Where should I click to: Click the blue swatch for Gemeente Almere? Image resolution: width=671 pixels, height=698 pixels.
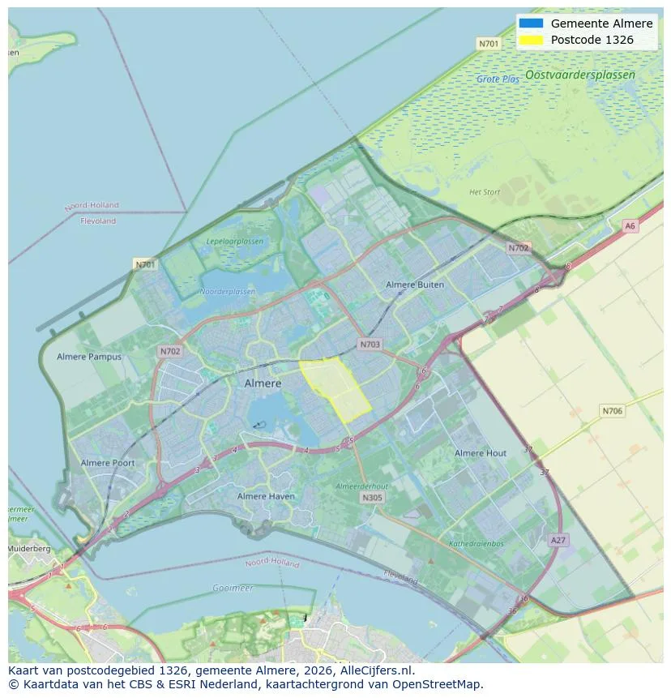tap(532, 24)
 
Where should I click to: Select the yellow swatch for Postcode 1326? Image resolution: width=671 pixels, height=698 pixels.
tap(532, 39)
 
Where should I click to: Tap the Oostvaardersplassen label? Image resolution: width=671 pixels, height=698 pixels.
tap(579, 75)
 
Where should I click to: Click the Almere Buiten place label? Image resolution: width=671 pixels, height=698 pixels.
tap(415, 285)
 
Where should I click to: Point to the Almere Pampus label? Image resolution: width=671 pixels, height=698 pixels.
tap(89, 357)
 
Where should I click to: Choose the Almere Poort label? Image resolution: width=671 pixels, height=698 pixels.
tap(108, 463)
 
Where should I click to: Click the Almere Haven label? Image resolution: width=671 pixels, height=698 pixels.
tap(266, 496)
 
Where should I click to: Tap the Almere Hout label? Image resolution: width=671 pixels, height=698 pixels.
tap(481, 453)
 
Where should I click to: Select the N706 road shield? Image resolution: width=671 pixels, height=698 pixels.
tap(612, 411)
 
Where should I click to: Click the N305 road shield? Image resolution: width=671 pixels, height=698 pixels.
tap(372, 498)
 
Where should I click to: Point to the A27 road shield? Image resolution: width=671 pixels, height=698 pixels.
tap(558, 539)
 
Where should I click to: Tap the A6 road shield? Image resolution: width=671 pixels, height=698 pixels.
tap(630, 226)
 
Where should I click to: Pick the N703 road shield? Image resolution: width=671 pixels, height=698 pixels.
tap(370, 345)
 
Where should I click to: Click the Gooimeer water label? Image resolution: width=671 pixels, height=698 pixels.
tap(233, 588)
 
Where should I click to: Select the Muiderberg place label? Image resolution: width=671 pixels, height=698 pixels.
tap(28, 549)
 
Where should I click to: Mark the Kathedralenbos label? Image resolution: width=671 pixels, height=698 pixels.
tap(477, 543)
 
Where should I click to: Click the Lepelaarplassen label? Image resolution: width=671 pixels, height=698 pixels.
tap(235, 242)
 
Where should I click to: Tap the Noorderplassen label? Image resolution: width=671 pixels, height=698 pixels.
tap(227, 291)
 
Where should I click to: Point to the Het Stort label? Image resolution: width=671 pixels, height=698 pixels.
tap(485, 192)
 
